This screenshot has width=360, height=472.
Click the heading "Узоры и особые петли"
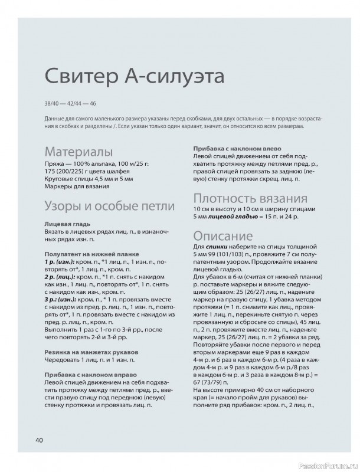[109, 206]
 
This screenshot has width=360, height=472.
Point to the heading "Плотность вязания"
[250, 197]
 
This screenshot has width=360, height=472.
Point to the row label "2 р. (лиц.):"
[61, 276]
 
